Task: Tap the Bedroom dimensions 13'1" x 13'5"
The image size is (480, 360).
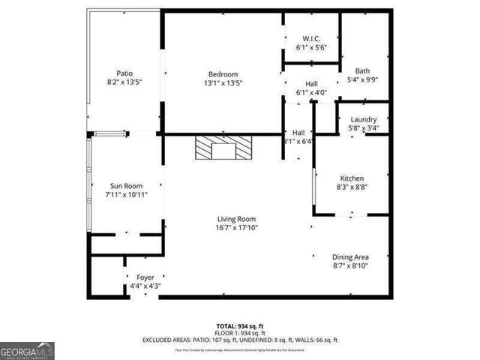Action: pos(223,82)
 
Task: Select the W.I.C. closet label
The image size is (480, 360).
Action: pos(312,38)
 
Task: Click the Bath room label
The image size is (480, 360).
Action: pos(362,70)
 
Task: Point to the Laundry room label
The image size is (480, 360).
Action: pos(363,119)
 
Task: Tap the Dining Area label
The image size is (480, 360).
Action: pos(350,256)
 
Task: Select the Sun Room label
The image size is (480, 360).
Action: pos(126,185)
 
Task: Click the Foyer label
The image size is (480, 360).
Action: pos(145,277)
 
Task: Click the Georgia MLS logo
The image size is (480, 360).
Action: pos(27,350)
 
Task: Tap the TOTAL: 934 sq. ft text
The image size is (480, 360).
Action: pos(240,326)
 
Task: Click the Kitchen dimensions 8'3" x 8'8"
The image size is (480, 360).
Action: pos(351,187)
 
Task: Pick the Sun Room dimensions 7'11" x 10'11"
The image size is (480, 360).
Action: pos(126,194)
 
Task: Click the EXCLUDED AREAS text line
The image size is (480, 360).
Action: pos(240,340)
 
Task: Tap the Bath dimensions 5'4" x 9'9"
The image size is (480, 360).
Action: pos(362,79)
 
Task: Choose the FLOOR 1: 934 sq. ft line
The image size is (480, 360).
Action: pos(240,333)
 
